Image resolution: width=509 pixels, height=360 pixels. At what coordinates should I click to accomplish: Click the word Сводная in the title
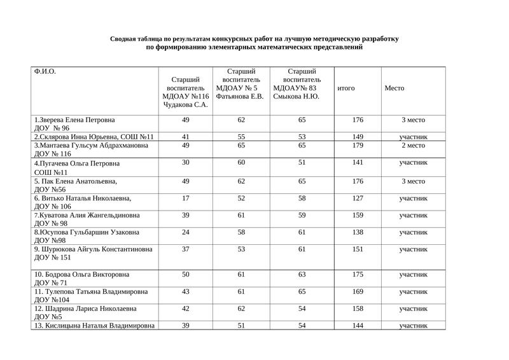coord(124,39)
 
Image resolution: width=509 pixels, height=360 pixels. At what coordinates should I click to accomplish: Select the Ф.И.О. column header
coord(45,71)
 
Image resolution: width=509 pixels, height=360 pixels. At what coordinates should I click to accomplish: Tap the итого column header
coord(346,88)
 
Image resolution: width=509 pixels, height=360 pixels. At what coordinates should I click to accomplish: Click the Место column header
coord(394,88)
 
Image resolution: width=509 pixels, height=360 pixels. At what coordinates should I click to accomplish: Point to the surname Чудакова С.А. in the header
coord(185,104)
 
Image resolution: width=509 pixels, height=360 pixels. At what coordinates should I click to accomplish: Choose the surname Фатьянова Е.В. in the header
coord(240,96)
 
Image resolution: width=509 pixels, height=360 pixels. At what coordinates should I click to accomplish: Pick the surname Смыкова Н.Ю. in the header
coord(296,96)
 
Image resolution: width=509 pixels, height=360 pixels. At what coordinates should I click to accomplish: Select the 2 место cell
coord(413,145)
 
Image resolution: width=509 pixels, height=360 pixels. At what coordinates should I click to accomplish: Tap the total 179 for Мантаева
coord(358,145)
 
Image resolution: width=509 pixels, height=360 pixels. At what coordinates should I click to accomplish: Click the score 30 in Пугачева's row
coord(186,163)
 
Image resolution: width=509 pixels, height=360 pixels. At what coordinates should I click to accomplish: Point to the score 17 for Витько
coord(186,198)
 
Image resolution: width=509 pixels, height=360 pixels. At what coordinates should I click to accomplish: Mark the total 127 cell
coord(358,198)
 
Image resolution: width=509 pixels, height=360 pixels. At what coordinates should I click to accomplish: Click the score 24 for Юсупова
coord(186,232)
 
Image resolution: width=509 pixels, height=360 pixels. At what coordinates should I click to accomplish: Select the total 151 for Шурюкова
coord(358,249)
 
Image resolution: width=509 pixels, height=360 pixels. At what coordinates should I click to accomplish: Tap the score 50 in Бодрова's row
coord(186,274)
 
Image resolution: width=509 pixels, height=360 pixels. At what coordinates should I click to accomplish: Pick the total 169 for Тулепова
coord(358,291)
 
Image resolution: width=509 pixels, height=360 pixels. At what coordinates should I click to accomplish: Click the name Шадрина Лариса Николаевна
coord(85,308)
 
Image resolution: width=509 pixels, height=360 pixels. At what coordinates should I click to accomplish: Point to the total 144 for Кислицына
coord(358,325)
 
